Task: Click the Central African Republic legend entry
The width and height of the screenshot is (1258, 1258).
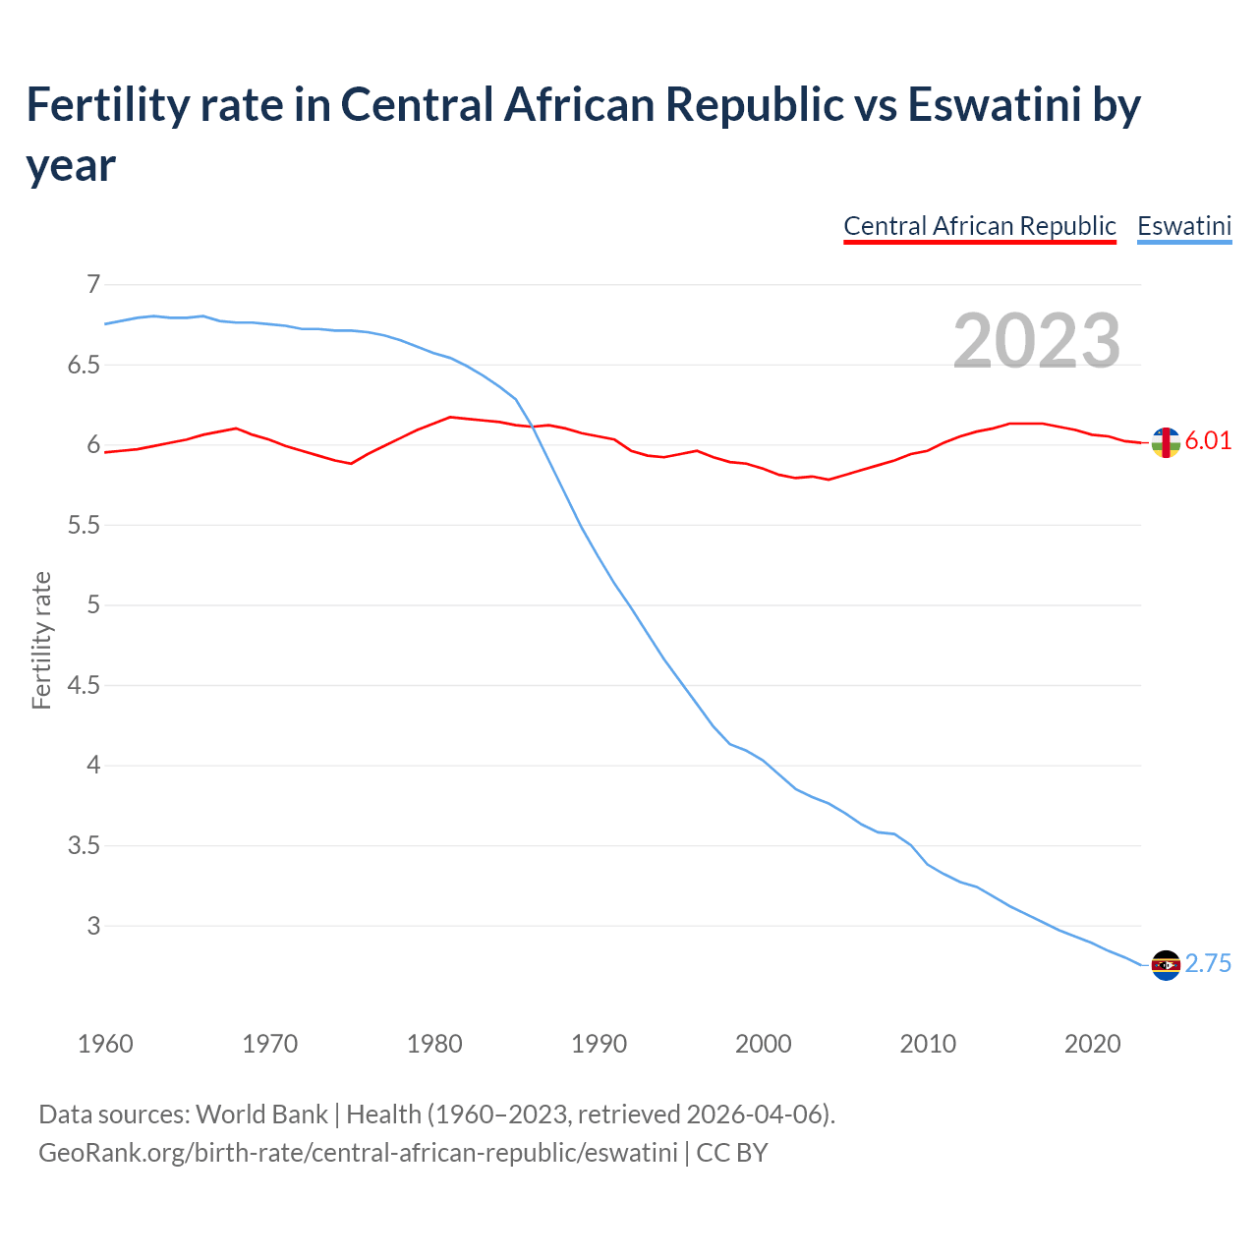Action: coord(980,226)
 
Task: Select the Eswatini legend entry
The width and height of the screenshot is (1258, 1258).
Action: coord(1184,226)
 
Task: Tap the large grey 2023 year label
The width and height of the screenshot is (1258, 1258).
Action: coord(1037,340)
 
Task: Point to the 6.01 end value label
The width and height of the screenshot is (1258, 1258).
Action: coord(1208,440)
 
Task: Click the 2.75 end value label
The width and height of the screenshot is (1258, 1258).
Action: coord(1208,964)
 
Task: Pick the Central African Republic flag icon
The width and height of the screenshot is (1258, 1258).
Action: coord(1166,443)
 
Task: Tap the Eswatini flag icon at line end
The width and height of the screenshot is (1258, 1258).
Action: coord(1166,965)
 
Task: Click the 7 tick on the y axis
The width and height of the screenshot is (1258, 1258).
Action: coord(93,285)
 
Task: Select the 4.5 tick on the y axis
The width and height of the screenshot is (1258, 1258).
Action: coord(84,685)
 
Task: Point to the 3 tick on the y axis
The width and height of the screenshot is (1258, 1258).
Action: coord(93,926)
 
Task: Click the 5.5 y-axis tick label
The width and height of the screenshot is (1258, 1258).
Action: coord(84,525)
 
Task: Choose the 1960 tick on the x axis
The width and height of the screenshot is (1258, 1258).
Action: coord(105,1044)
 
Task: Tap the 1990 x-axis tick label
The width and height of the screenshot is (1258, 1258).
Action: coord(599,1044)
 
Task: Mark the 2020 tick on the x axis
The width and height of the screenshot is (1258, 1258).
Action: coord(1092,1044)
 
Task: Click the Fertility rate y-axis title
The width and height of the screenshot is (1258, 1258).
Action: coord(41,640)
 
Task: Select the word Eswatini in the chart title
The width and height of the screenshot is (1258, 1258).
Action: coord(995,104)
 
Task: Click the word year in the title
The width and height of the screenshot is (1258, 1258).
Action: coord(71,165)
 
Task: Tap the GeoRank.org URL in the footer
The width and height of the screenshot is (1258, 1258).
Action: coord(358,1152)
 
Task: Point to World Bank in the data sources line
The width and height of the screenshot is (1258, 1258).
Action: coord(261,1115)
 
